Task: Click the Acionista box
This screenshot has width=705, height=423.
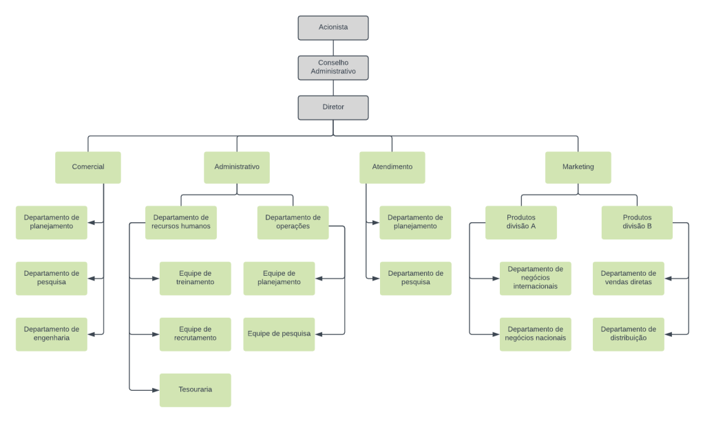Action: [333, 28]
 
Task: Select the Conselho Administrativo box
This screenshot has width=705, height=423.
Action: [333, 68]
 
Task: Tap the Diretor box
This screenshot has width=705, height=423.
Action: [333, 108]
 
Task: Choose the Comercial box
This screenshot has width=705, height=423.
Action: [88, 168]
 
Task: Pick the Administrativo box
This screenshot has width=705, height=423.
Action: [237, 168]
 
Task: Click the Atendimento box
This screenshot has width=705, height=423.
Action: [392, 168]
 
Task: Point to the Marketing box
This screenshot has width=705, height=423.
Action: [578, 168]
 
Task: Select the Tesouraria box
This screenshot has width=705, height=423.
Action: [195, 390]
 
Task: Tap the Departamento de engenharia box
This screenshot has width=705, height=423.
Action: [51, 334]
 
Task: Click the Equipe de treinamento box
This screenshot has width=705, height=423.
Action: [195, 279]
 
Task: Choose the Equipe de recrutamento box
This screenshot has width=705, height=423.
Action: [195, 334]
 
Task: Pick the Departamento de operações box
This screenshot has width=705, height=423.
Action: [293, 223]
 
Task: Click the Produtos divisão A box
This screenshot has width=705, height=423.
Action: [521, 223]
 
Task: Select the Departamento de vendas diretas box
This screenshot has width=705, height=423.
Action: [628, 279]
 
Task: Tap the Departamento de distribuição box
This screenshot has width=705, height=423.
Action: [628, 334]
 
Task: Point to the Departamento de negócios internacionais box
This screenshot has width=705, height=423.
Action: [536, 279]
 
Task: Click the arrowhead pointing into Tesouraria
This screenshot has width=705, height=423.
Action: [156, 390]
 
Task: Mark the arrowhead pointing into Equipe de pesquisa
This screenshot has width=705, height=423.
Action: [319, 334]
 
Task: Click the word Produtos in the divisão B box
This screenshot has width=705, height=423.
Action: [637, 217]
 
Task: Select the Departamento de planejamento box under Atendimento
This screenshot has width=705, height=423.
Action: [415, 223]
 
